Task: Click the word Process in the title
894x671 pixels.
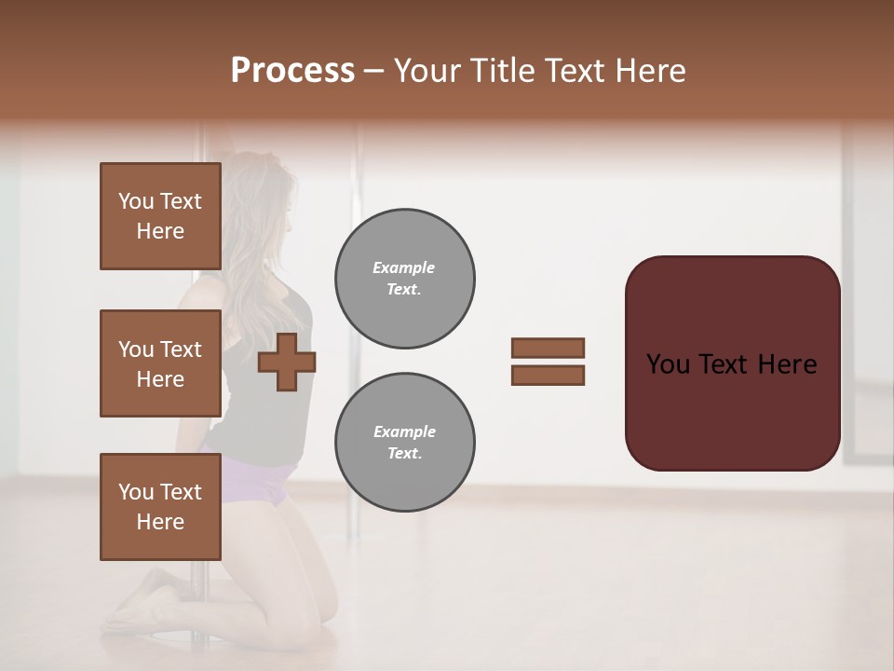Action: coord(292,71)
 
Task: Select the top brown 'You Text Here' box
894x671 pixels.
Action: coord(160,216)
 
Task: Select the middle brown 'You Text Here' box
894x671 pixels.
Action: coord(160,363)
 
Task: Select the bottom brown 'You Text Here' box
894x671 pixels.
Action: coord(160,507)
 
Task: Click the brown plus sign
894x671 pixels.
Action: coord(287,362)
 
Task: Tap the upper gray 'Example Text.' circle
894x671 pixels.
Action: coord(404,279)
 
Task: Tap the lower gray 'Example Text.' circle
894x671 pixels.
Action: coord(404,443)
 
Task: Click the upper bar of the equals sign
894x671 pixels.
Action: coord(549,348)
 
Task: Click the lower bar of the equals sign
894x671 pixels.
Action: coord(549,375)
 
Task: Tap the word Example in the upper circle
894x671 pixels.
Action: coord(404,268)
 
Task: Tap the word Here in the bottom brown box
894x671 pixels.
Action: coord(160,522)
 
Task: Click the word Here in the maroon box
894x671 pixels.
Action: coord(787,364)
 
